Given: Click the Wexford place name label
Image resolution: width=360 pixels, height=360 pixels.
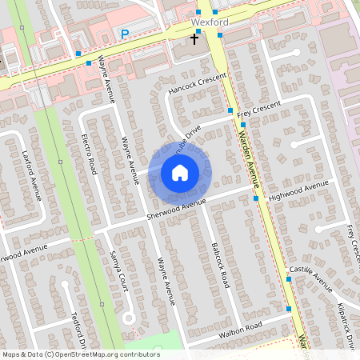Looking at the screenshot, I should [x=210, y=22].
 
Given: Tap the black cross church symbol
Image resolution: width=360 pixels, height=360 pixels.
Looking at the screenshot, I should [x=194, y=38].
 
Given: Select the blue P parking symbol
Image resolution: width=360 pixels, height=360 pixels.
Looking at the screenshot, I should [x=124, y=34].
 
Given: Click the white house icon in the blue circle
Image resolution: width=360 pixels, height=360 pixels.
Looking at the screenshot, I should [x=180, y=173].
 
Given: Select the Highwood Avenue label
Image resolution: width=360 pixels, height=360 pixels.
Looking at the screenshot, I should [x=299, y=190].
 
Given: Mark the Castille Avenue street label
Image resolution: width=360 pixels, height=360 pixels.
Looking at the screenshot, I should [x=310, y=278].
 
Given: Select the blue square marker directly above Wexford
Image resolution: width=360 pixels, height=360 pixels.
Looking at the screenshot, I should [x=199, y=12].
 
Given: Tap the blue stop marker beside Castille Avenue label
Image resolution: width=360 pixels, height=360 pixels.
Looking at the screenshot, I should [x=289, y=279].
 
